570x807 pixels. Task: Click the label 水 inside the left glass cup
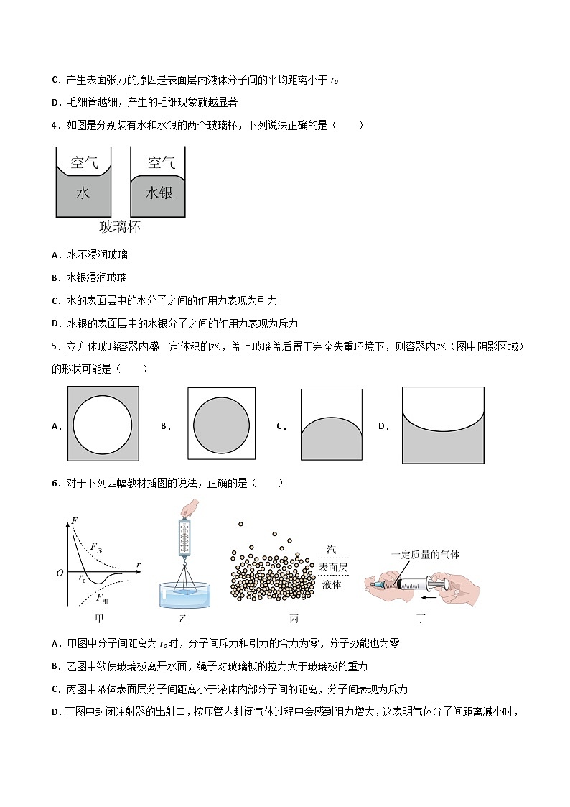coord(83,193)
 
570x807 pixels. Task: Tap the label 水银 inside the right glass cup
coord(159,193)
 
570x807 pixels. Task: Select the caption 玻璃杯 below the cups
coord(119,228)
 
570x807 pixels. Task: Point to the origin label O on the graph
coord(60,573)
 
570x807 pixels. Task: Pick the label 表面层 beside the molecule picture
coord(332,567)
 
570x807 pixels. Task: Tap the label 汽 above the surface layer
coord(331,550)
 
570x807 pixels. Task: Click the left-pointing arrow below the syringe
coord(430,596)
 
